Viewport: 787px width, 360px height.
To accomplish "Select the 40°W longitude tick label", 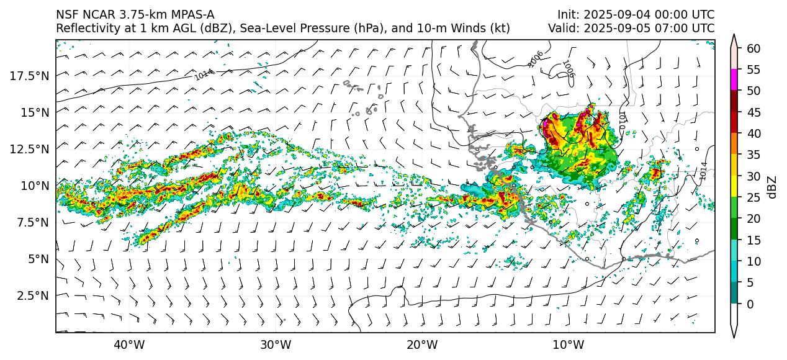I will [x=129, y=345].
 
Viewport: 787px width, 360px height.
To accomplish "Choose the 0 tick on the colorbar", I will [x=750, y=304].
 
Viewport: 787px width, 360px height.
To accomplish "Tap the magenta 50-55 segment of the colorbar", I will [x=734, y=80].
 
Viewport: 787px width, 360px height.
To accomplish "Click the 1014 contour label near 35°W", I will [x=204, y=75].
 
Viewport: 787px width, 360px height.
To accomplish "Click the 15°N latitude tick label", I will [x=37, y=112].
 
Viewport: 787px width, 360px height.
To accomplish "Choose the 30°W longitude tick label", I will [x=276, y=345].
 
